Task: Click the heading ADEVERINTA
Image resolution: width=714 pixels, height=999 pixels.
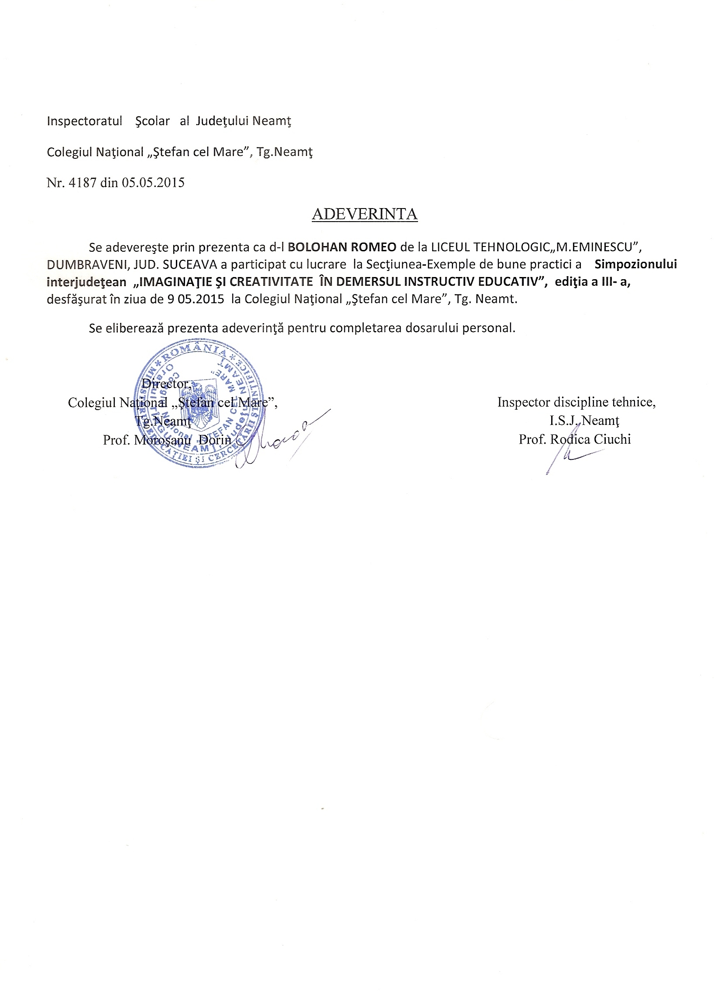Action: click(364, 214)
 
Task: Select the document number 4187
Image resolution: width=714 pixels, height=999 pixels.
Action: click(82, 183)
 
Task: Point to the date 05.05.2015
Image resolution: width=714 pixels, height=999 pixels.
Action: click(153, 183)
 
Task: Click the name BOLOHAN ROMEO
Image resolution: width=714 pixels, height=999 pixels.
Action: click(342, 247)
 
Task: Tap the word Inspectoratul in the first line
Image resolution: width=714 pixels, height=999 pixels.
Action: click(84, 121)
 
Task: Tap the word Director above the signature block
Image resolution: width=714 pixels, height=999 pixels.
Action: click(166, 384)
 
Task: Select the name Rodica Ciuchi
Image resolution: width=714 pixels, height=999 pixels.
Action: click(590, 439)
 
